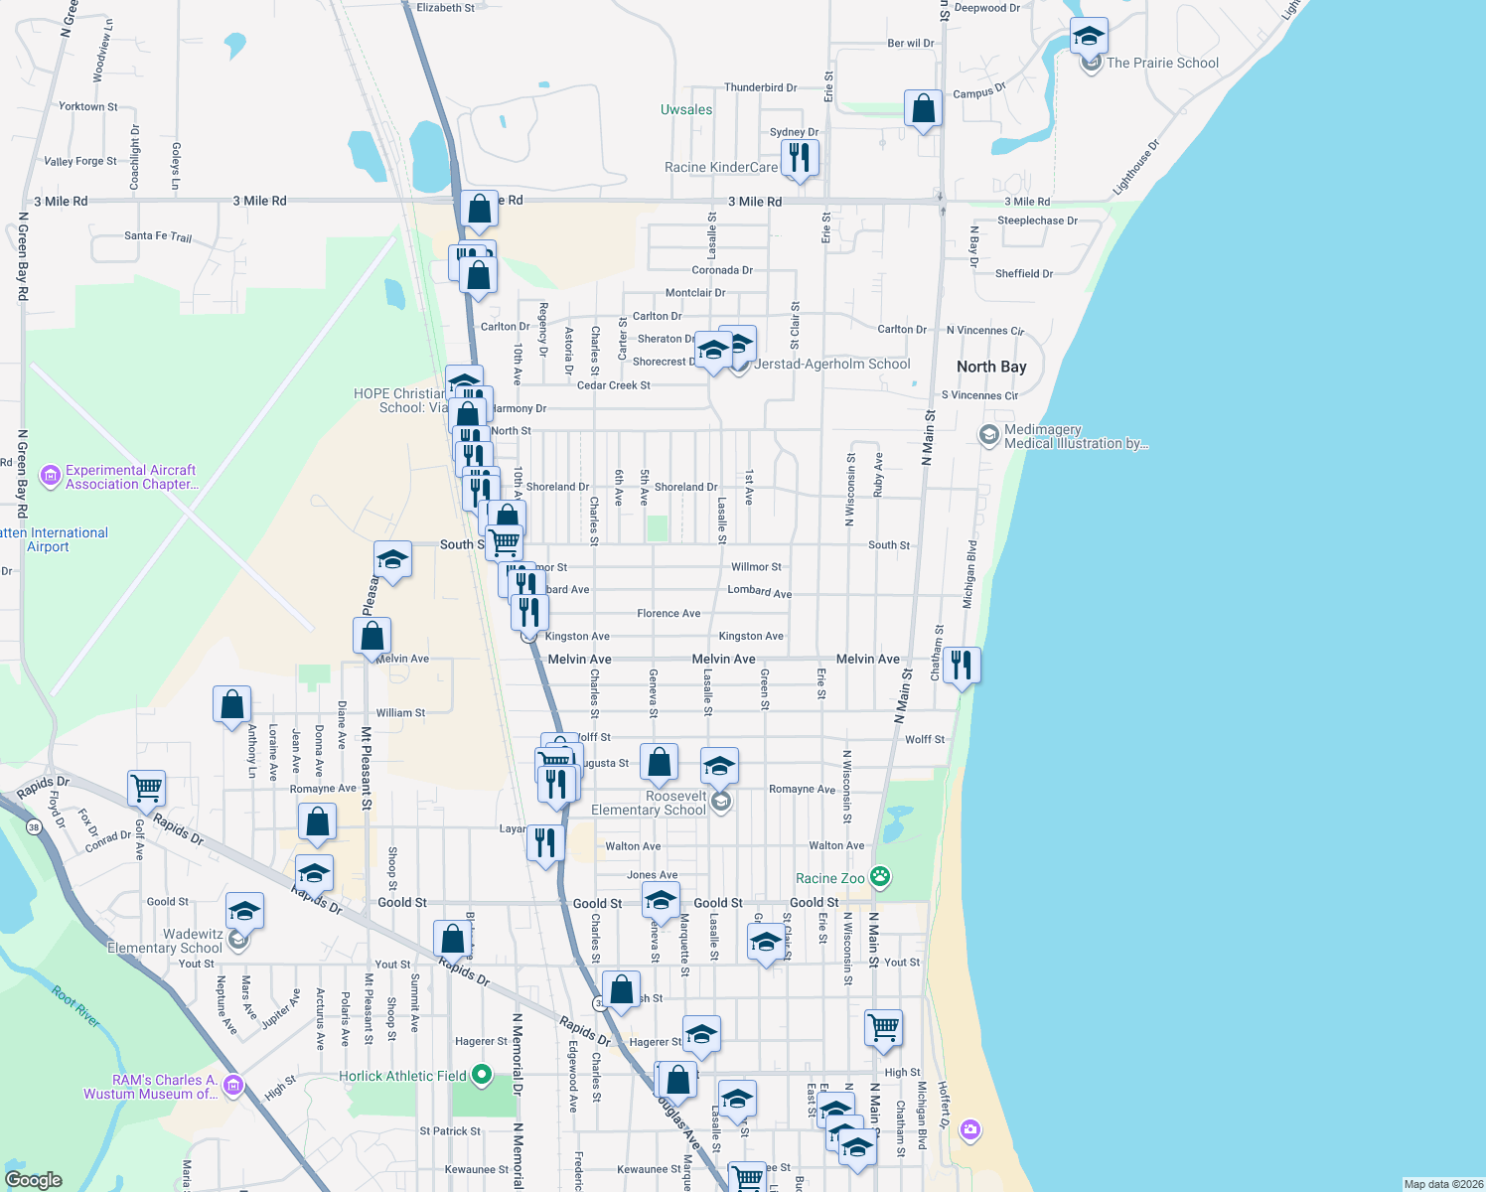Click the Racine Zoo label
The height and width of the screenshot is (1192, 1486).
(829, 878)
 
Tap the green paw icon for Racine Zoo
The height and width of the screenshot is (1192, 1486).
(880, 876)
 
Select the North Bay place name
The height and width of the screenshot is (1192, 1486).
(990, 367)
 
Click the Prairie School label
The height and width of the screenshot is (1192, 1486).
(1162, 63)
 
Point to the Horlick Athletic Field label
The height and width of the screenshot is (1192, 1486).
(402, 1076)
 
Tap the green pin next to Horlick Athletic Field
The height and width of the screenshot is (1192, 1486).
(482, 1074)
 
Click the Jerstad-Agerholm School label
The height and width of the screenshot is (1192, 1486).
(832, 364)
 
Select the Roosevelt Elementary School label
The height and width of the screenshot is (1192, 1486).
(649, 803)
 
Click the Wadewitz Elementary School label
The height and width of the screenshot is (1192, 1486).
(165, 941)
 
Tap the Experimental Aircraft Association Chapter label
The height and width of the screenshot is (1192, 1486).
(131, 477)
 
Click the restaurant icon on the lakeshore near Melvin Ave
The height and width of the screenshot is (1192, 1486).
(962, 664)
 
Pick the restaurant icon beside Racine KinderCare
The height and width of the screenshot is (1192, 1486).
(800, 157)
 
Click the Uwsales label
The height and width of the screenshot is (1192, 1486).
(686, 109)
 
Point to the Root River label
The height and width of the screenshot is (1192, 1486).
(75, 1007)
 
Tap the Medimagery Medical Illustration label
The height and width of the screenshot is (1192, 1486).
(1076, 436)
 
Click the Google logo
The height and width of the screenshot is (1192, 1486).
(33, 1179)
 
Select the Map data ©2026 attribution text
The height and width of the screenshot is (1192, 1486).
(1442, 1184)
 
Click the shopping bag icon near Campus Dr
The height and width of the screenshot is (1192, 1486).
(923, 107)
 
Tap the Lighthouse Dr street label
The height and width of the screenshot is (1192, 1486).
(1135, 166)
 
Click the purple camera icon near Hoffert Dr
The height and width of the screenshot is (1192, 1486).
(970, 1129)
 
